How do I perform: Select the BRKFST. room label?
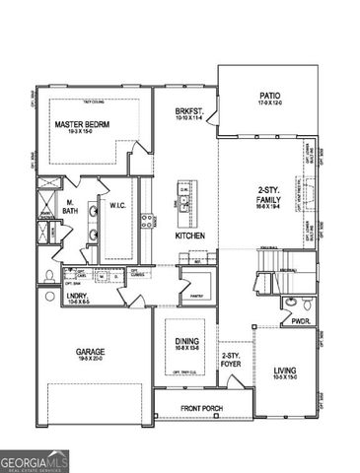tap(189, 112)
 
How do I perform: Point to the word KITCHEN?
tap(189, 236)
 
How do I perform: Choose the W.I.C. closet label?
tap(117, 206)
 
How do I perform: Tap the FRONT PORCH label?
tap(202, 408)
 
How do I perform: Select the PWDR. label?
tap(301, 320)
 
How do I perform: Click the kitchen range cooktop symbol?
tap(146, 222)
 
